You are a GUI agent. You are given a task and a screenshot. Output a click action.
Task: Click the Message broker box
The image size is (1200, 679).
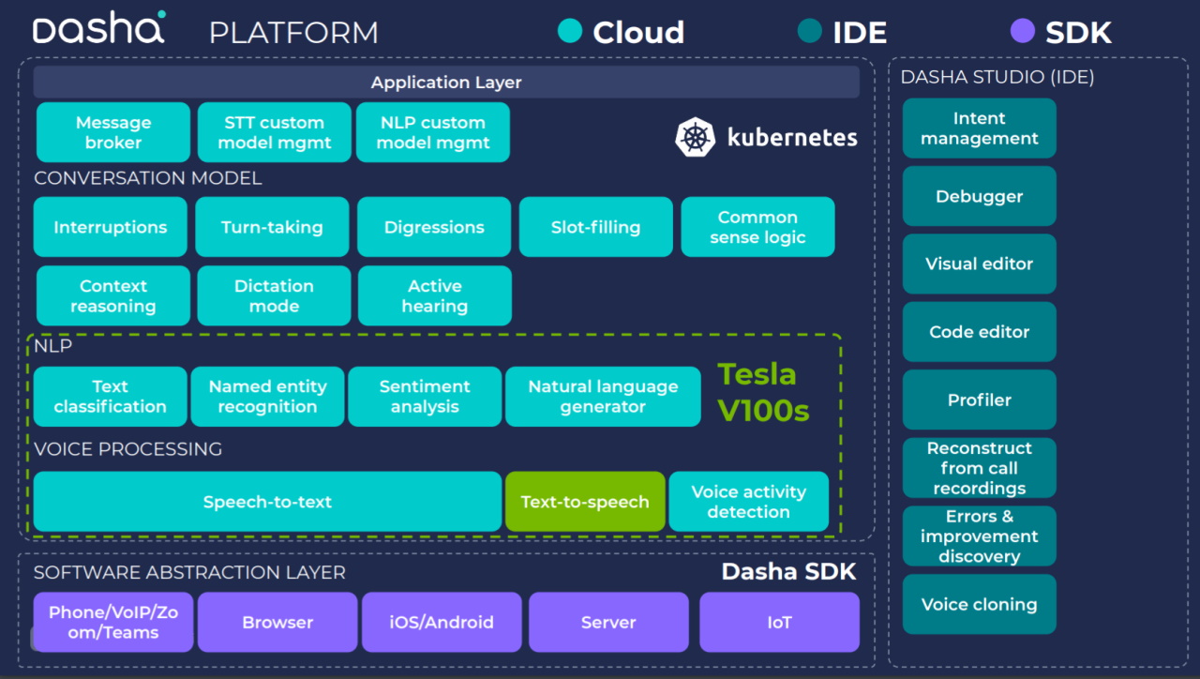[x=113, y=132]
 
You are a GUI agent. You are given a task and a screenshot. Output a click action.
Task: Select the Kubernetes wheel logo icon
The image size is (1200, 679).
[x=695, y=137]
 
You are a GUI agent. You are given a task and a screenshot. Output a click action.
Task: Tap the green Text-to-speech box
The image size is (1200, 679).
[x=585, y=502]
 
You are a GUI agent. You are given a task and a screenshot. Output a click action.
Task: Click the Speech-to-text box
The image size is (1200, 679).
[x=267, y=502]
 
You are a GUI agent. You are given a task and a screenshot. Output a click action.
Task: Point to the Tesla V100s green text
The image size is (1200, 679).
[x=763, y=392]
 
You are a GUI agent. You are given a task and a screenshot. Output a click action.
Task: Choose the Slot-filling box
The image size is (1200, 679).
[x=595, y=227]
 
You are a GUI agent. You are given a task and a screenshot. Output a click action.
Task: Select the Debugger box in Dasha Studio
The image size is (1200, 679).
[x=979, y=197]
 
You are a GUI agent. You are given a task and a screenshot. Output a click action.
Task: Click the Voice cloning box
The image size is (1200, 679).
[x=979, y=605]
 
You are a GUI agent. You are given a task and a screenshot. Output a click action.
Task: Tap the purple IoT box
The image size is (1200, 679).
[x=779, y=622]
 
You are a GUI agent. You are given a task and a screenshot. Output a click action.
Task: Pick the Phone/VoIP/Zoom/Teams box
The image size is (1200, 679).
[x=113, y=622]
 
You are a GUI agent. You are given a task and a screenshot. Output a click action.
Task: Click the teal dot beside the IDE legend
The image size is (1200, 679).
[x=809, y=32]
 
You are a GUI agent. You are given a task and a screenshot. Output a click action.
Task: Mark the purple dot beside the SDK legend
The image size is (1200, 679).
[x=1022, y=32]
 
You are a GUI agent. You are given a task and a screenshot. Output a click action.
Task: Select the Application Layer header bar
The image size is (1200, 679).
[x=446, y=83]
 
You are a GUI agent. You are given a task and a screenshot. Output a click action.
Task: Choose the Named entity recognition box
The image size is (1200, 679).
[x=267, y=397]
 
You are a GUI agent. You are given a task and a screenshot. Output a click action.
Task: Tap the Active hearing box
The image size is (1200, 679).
[x=434, y=296]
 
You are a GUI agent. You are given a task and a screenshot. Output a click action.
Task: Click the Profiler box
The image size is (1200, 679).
[x=979, y=400]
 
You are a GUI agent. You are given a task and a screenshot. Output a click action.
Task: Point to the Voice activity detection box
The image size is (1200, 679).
[x=748, y=502]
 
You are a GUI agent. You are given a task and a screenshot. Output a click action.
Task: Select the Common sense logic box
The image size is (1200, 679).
[x=757, y=227]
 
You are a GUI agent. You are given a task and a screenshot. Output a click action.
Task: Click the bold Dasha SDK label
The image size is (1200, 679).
[x=788, y=572]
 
